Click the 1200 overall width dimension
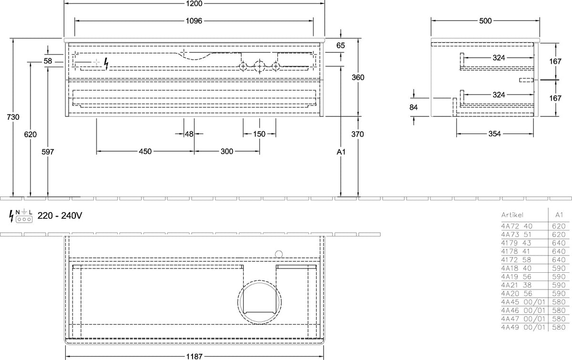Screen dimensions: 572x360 coord(194,4)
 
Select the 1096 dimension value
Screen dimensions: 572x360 coord(194,21)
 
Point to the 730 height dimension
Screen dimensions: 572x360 coord(13,117)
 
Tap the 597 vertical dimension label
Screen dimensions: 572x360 coord(48,152)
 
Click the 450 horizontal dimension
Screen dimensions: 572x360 coord(145,152)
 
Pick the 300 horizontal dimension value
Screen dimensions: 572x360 coord(227,152)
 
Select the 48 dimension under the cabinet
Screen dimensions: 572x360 coord(189,134)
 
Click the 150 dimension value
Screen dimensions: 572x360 coord(259,134)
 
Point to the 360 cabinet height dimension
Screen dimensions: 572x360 coord(358,77)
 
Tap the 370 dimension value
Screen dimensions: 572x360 coord(357,134)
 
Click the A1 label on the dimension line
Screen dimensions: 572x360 coord(341,152)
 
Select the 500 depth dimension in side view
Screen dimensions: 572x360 coord(485,21)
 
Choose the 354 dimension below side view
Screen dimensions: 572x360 coord(495,134)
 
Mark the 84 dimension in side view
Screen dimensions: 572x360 coord(413,107)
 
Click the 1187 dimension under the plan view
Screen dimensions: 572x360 coord(194,356)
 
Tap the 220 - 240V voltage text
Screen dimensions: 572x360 coord(60,216)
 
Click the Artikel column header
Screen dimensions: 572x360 coord(512,215)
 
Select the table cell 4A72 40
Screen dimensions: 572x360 coord(517,226)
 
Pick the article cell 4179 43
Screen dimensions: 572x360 coord(516,243)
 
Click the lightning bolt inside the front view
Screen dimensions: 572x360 coord(106,63)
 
